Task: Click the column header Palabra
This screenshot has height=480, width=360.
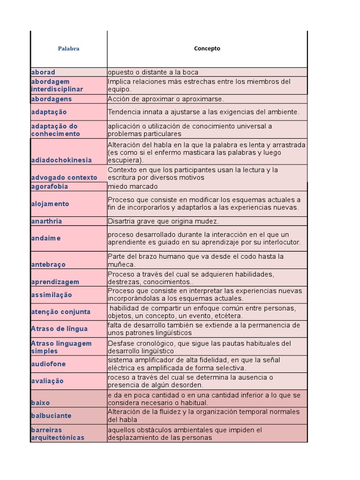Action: pos(68,49)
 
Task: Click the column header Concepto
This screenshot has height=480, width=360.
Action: pos(207,49)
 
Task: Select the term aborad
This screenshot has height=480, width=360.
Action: pos(43,72)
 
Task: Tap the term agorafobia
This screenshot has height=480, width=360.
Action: pos(49,187)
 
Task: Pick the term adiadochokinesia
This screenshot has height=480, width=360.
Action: pos(61,160)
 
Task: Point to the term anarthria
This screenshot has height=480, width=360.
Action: pos(46,221)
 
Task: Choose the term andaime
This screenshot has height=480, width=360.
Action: pos(46,238)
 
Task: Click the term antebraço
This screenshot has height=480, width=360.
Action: pos(48,264)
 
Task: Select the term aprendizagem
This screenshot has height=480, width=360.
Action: pos(55,282)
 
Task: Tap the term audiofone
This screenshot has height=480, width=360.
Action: pos(48,364)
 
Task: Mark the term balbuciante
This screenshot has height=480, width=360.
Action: pos(51,416)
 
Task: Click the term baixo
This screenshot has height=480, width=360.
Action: pos(40,403)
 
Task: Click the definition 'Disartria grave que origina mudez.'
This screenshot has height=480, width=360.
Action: pos(163,221)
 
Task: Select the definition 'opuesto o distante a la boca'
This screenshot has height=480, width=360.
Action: pos(153,72)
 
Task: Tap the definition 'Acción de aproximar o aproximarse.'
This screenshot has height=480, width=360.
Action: pos(166,99)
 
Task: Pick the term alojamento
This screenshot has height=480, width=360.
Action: pos(50,204)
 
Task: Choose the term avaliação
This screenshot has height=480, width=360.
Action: pos(47,381)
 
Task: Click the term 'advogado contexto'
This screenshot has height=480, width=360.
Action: pos(64,178)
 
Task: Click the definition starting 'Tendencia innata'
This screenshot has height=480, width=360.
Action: pos(203,112)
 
